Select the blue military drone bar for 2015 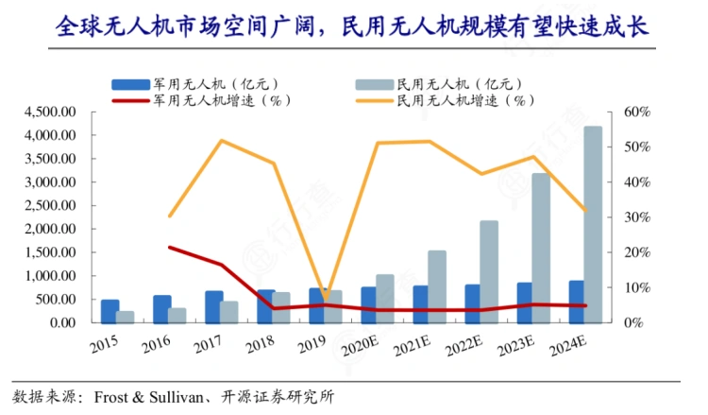[110, 311]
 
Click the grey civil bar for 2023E [541, 248]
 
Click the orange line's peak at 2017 [222, 141]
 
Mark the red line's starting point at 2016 [170, 248]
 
